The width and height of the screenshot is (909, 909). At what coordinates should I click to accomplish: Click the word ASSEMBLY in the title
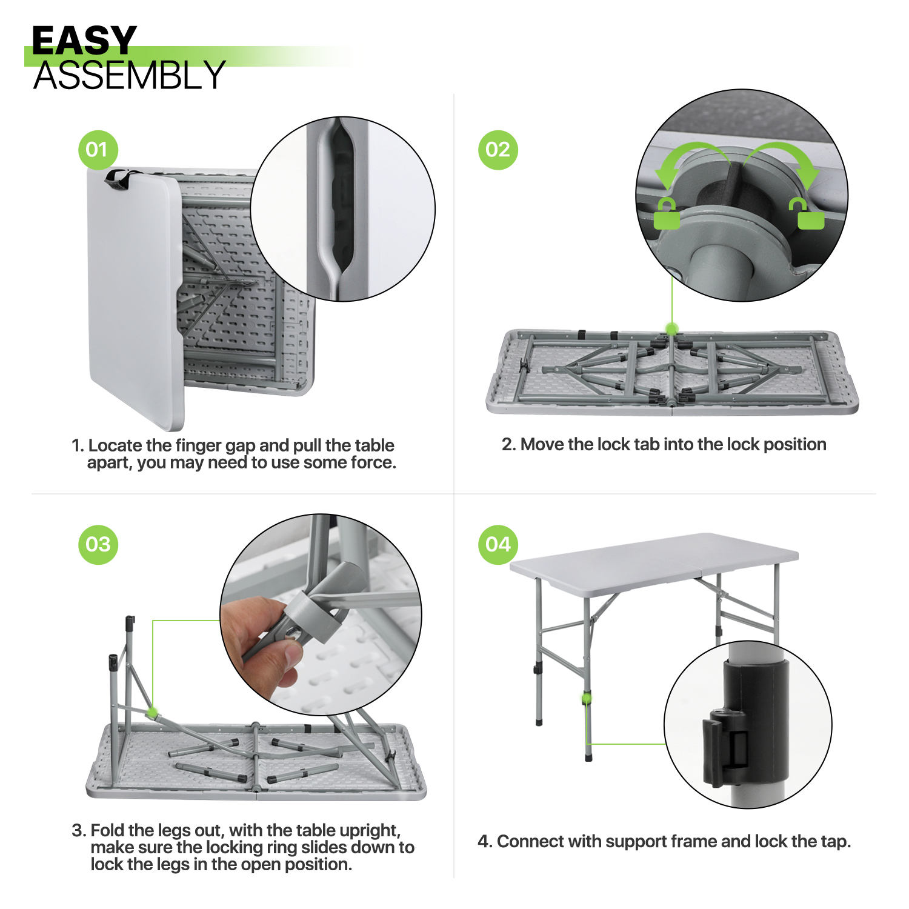[x=129, y=76]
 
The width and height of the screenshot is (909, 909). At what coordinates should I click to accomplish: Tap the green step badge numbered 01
[x=98, y=150]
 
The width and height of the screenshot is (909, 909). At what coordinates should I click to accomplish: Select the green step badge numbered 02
[x=498, y=150]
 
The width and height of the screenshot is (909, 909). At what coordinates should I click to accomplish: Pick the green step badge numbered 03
[x=98, y=544]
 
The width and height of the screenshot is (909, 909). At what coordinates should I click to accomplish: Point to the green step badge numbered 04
[x=498, y=544]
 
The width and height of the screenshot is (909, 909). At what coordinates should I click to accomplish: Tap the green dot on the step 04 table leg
[x=587, y=698]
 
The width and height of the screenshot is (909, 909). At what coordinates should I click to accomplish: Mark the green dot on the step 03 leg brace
[x=153, y=711]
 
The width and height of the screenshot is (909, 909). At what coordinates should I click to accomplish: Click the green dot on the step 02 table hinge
[x=671, y=329]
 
